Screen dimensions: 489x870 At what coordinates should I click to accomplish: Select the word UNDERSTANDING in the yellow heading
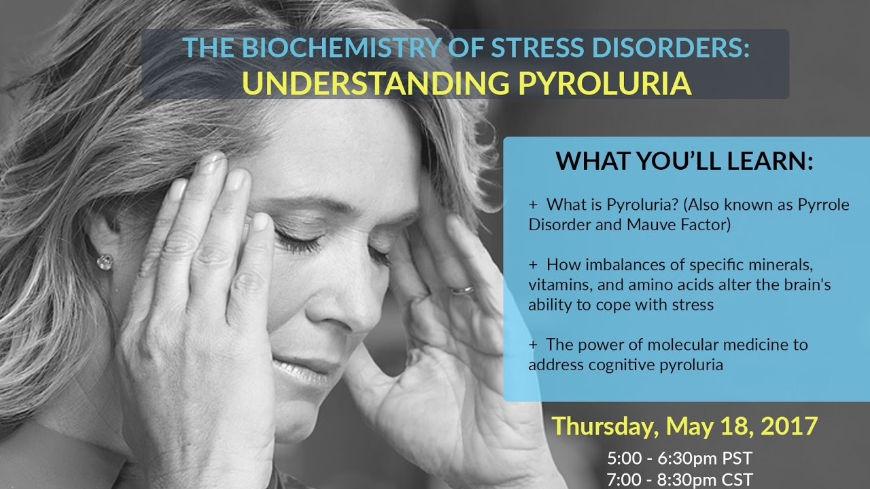(372, 84)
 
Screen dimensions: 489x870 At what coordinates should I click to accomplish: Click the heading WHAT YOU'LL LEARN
(684, 161)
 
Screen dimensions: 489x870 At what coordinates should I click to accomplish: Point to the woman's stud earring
(105, 261)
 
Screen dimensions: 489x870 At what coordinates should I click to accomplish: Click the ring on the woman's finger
(464, 289)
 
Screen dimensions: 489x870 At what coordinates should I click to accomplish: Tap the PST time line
(680, 458)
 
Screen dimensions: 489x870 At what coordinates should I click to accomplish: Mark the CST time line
(680, 479)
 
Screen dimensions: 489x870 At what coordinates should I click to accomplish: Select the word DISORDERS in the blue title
(680, 50)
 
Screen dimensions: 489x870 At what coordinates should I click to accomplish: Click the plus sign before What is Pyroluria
(533, 205)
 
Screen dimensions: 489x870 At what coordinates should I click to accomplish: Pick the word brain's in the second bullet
(810, 285)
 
